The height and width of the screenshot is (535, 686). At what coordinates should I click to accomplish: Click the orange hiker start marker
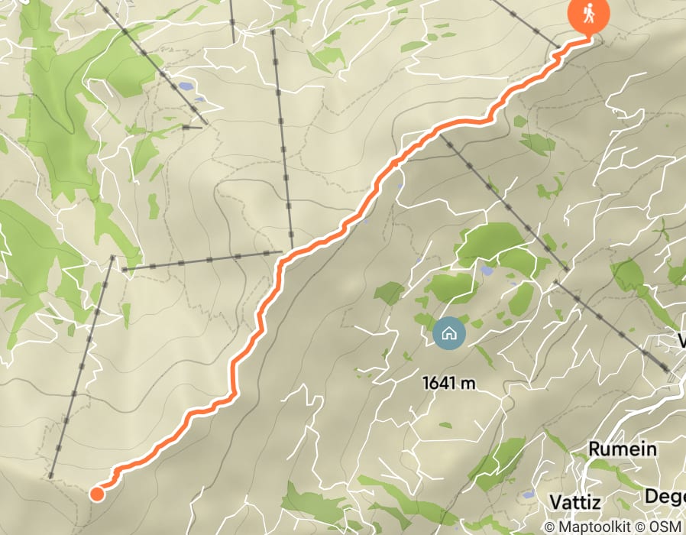coord(588,13)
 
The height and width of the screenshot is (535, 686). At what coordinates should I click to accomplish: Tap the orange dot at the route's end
coord(97,494)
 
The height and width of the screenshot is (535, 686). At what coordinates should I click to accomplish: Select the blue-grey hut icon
coord(448,333)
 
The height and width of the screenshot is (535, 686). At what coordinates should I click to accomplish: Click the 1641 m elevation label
coord(449,383)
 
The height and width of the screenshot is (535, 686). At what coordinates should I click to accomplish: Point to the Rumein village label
coord(622,449)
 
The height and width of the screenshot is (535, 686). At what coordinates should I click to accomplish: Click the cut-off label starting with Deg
coord(664,496)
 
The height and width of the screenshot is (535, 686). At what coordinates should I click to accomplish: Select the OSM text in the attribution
coord(667,527)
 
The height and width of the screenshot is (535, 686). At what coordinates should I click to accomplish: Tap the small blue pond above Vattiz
coord(528,495)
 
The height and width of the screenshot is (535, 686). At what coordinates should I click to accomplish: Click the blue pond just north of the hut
coord(487,270)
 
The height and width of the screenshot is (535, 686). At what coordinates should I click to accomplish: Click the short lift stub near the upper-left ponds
coord(193,127)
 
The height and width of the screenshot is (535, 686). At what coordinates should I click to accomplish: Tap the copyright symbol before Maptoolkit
coord(549,527)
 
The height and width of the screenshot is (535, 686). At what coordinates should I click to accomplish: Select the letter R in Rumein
coord(594,449)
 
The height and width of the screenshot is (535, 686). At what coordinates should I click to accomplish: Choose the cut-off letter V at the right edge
coord(681,341)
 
